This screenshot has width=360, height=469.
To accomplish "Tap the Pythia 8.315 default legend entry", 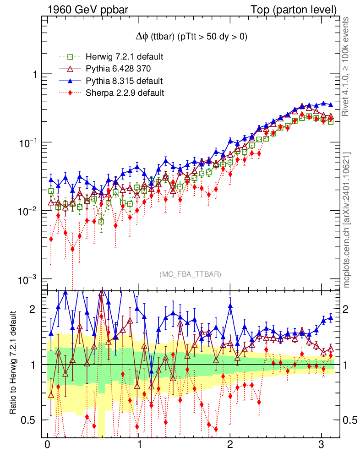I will [124, 81].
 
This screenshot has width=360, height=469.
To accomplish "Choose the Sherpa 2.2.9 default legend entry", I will [125, 93].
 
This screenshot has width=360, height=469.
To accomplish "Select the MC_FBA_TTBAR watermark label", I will [190, 274].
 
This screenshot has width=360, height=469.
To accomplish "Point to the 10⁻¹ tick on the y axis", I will [28, 142].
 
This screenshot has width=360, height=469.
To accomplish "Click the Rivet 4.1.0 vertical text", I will [347, 66].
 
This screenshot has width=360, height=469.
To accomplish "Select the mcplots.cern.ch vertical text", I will [347, 219].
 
